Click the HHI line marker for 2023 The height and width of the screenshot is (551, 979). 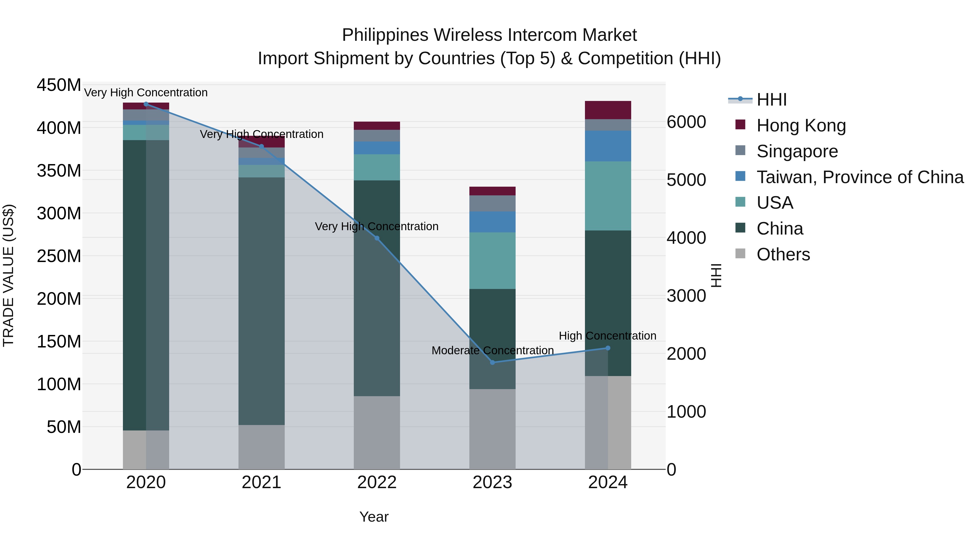pos(492,362)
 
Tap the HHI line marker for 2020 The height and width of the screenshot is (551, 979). pos(146,104)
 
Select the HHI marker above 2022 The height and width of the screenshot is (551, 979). pos(377,238)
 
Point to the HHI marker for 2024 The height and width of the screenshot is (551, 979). pos(608,348)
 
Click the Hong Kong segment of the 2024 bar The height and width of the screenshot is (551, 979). pos(608,110)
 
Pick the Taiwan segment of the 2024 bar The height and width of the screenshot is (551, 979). pos(608,146)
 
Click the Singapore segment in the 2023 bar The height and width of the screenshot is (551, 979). pos(492,204)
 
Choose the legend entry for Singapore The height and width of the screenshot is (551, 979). pos(797,151)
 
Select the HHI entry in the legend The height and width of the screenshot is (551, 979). pos(771,100)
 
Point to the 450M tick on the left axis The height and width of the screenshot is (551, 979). pos(59,85)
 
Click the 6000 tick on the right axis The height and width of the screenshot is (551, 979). pos(686,122)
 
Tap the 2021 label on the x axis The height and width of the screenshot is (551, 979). pos(261,482)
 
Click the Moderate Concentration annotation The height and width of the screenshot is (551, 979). pos(492,350)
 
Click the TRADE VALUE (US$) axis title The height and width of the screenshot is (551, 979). pos(9,275)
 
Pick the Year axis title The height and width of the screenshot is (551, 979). pos(374,517)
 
